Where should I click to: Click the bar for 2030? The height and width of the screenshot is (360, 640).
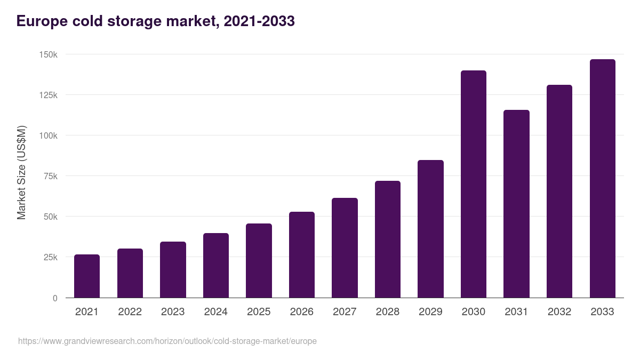(x=473, y=184)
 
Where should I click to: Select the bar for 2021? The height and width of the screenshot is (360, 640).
(x=87, y=276)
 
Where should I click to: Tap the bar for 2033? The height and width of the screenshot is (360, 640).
(x=602, y=179)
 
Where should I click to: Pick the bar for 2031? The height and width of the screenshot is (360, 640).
(x=516, y=204)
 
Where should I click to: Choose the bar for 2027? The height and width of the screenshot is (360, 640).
(x=345, y=248)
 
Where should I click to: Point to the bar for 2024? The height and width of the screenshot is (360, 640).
(x=216, y=266)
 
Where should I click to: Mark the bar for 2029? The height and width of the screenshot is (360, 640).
(x=430, y=229)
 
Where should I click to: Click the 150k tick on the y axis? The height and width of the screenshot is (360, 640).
(x=47, y=54)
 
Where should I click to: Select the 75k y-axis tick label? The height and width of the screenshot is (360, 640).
(x=50, y=176)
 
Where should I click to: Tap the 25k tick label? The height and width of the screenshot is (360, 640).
(x=50, y=257)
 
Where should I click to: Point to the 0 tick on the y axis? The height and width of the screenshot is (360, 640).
(x=55, y=298)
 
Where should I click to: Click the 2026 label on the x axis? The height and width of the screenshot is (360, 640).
(x=302, y=312)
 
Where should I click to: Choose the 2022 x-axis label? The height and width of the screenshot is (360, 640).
(x=130, y=312)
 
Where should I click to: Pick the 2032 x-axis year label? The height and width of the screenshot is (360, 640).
(x=559, y=312)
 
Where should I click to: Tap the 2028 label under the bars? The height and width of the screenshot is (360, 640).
(x=388, y=312)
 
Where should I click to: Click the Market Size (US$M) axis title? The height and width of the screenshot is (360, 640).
(x=21, y=172)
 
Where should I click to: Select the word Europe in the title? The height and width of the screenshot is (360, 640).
(x=44, y=21)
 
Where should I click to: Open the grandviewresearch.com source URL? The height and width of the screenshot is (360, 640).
(x=167, y=341)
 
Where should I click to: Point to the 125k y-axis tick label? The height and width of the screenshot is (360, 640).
(x=47, y=95)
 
